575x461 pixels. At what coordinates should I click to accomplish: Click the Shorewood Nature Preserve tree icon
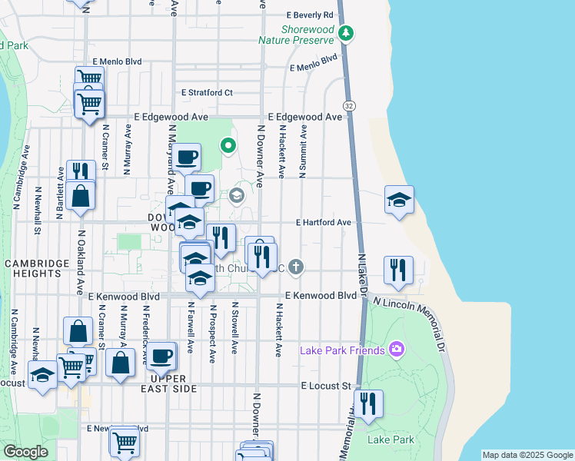[346, 32]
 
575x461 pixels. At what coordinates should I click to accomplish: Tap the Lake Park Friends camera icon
[396, 350]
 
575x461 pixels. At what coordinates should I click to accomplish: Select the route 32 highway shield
[349, 105]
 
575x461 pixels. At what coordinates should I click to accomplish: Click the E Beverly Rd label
[310, 15]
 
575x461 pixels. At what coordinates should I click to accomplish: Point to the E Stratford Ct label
[207, 92]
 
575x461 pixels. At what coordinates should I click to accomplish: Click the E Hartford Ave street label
[324, 223]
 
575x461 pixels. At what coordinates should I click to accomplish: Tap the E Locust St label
[325, 385]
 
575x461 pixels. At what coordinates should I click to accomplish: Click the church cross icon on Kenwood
[297, 267]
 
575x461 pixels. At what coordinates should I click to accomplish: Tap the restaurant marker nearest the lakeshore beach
[397, 270]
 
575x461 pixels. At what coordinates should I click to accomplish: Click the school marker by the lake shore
[399, 200]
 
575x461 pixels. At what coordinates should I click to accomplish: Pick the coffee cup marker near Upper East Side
[161, 356]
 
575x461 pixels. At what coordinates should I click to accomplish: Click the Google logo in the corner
[25, 452]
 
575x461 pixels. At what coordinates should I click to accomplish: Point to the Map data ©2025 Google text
[527, 455]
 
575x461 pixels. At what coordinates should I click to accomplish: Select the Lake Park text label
[391, 439]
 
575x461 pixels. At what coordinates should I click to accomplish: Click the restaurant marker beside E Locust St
[368, 403]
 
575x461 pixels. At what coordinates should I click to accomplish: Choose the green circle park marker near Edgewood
[228, 144]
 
